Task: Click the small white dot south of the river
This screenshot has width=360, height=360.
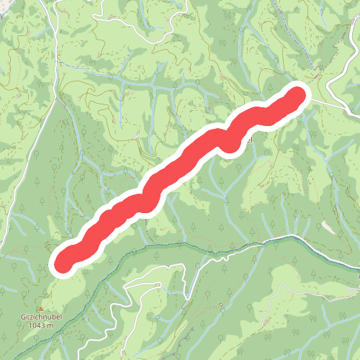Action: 221,305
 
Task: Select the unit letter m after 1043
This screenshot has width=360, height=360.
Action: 50,325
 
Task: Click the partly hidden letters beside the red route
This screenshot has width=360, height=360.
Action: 248,140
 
